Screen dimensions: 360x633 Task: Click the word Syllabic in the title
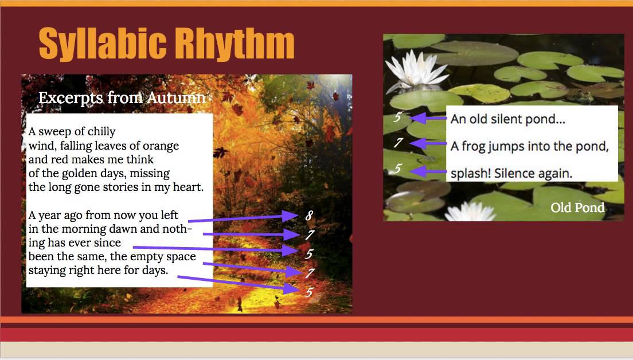pyautogui.click(x=102, y=44)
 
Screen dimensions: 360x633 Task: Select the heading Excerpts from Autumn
pyautogui.click(x=122, y=98)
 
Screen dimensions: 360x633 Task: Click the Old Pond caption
pyautogui.click(x=577, y=208)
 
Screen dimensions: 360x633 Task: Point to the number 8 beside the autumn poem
pyautogui.click(x=309, y=216)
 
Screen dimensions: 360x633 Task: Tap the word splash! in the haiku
pyautogui.click(x=468, y=173)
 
